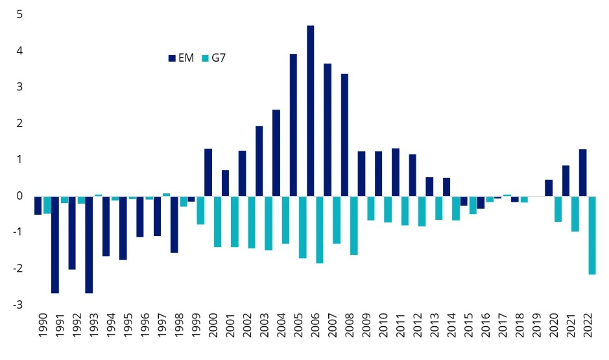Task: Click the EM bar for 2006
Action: pos(311,110)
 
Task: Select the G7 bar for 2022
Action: pos(591,235)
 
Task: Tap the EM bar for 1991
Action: pos(55,244)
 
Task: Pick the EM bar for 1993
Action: pos(89,244)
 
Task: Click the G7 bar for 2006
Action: pos(319,229)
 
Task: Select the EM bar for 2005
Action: pos(293,125)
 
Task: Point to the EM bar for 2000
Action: pos(208,172)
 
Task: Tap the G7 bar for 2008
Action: pos(353,224)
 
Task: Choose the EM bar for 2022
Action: pos(582,173)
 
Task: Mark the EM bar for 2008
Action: pos(344,134)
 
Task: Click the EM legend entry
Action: pos(181,58)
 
